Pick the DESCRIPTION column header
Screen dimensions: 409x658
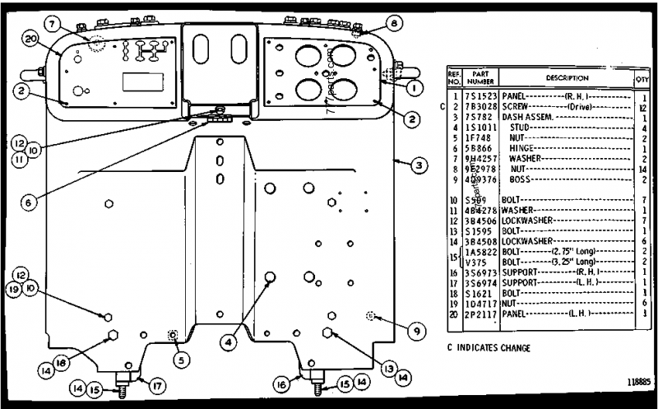pos(564,78)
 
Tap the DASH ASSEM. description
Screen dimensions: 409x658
pos(527,117)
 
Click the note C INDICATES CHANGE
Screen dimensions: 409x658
pos(488,347)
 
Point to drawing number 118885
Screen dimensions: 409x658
pos(636,382)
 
